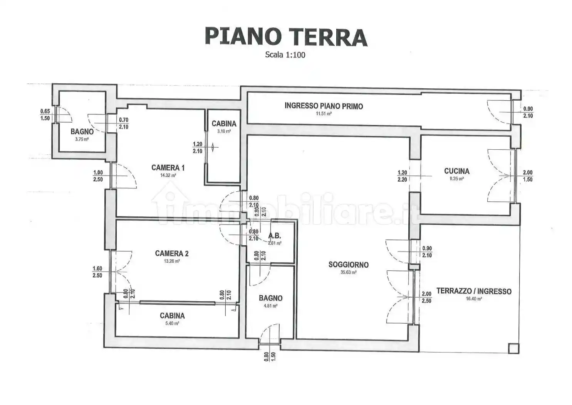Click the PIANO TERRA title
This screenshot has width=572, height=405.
[x=285, y=37]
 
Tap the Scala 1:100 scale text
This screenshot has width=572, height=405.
[x=285, y=55]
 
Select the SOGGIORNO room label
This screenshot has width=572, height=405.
[x=348, y=265]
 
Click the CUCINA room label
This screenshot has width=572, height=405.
[x=456, y=171]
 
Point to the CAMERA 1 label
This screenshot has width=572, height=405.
[x=168, y=167]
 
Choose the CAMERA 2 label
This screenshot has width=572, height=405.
[x=171, y=253]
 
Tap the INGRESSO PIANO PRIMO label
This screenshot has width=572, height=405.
[x=324, y=106]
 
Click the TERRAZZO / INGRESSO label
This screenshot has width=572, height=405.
[x=474, y=291]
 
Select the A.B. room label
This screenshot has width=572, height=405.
[x=274, y=236]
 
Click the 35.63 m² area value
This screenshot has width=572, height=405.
[x=348, y=272]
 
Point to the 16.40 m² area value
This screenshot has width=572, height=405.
[x=474, y=299]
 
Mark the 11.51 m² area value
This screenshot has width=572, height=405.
[x=324, y=114]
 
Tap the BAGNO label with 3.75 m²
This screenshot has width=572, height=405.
[x=82, y=132]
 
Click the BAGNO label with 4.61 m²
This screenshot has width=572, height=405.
[x=270, y=298]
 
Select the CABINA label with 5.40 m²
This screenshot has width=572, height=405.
[x=172, y=316]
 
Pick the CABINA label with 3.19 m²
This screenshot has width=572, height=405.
[x=224, y=123]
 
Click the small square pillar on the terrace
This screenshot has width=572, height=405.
[x=513, y=348]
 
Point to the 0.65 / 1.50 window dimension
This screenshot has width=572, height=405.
[x=45, y=115]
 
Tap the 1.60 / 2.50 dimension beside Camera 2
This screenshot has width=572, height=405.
[x=97, y=272]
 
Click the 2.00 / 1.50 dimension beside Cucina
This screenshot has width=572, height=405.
[x=527, y=176]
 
